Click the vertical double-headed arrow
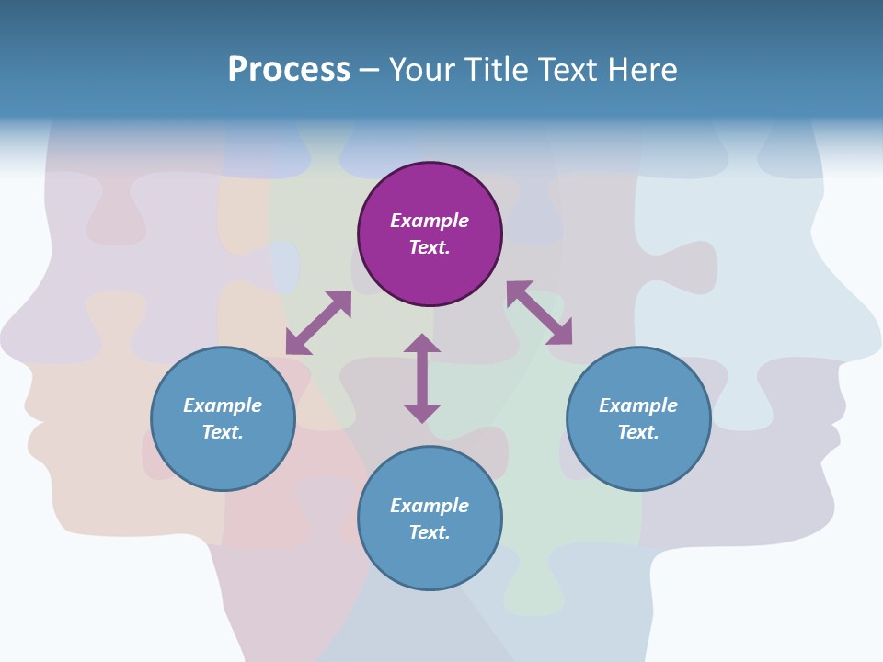[422, 378]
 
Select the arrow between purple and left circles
[318, 323]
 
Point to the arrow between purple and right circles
[539, 313]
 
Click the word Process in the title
[289, 70]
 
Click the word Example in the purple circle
[430, 221]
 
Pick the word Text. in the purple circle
[430, 247]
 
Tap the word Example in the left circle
[223, 405]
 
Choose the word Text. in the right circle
[638, 432]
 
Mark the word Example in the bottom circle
[430, 506]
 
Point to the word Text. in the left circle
[223, 432]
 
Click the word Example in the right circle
[638, 405]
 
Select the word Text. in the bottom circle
[430, 532]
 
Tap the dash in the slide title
[370, 70]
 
